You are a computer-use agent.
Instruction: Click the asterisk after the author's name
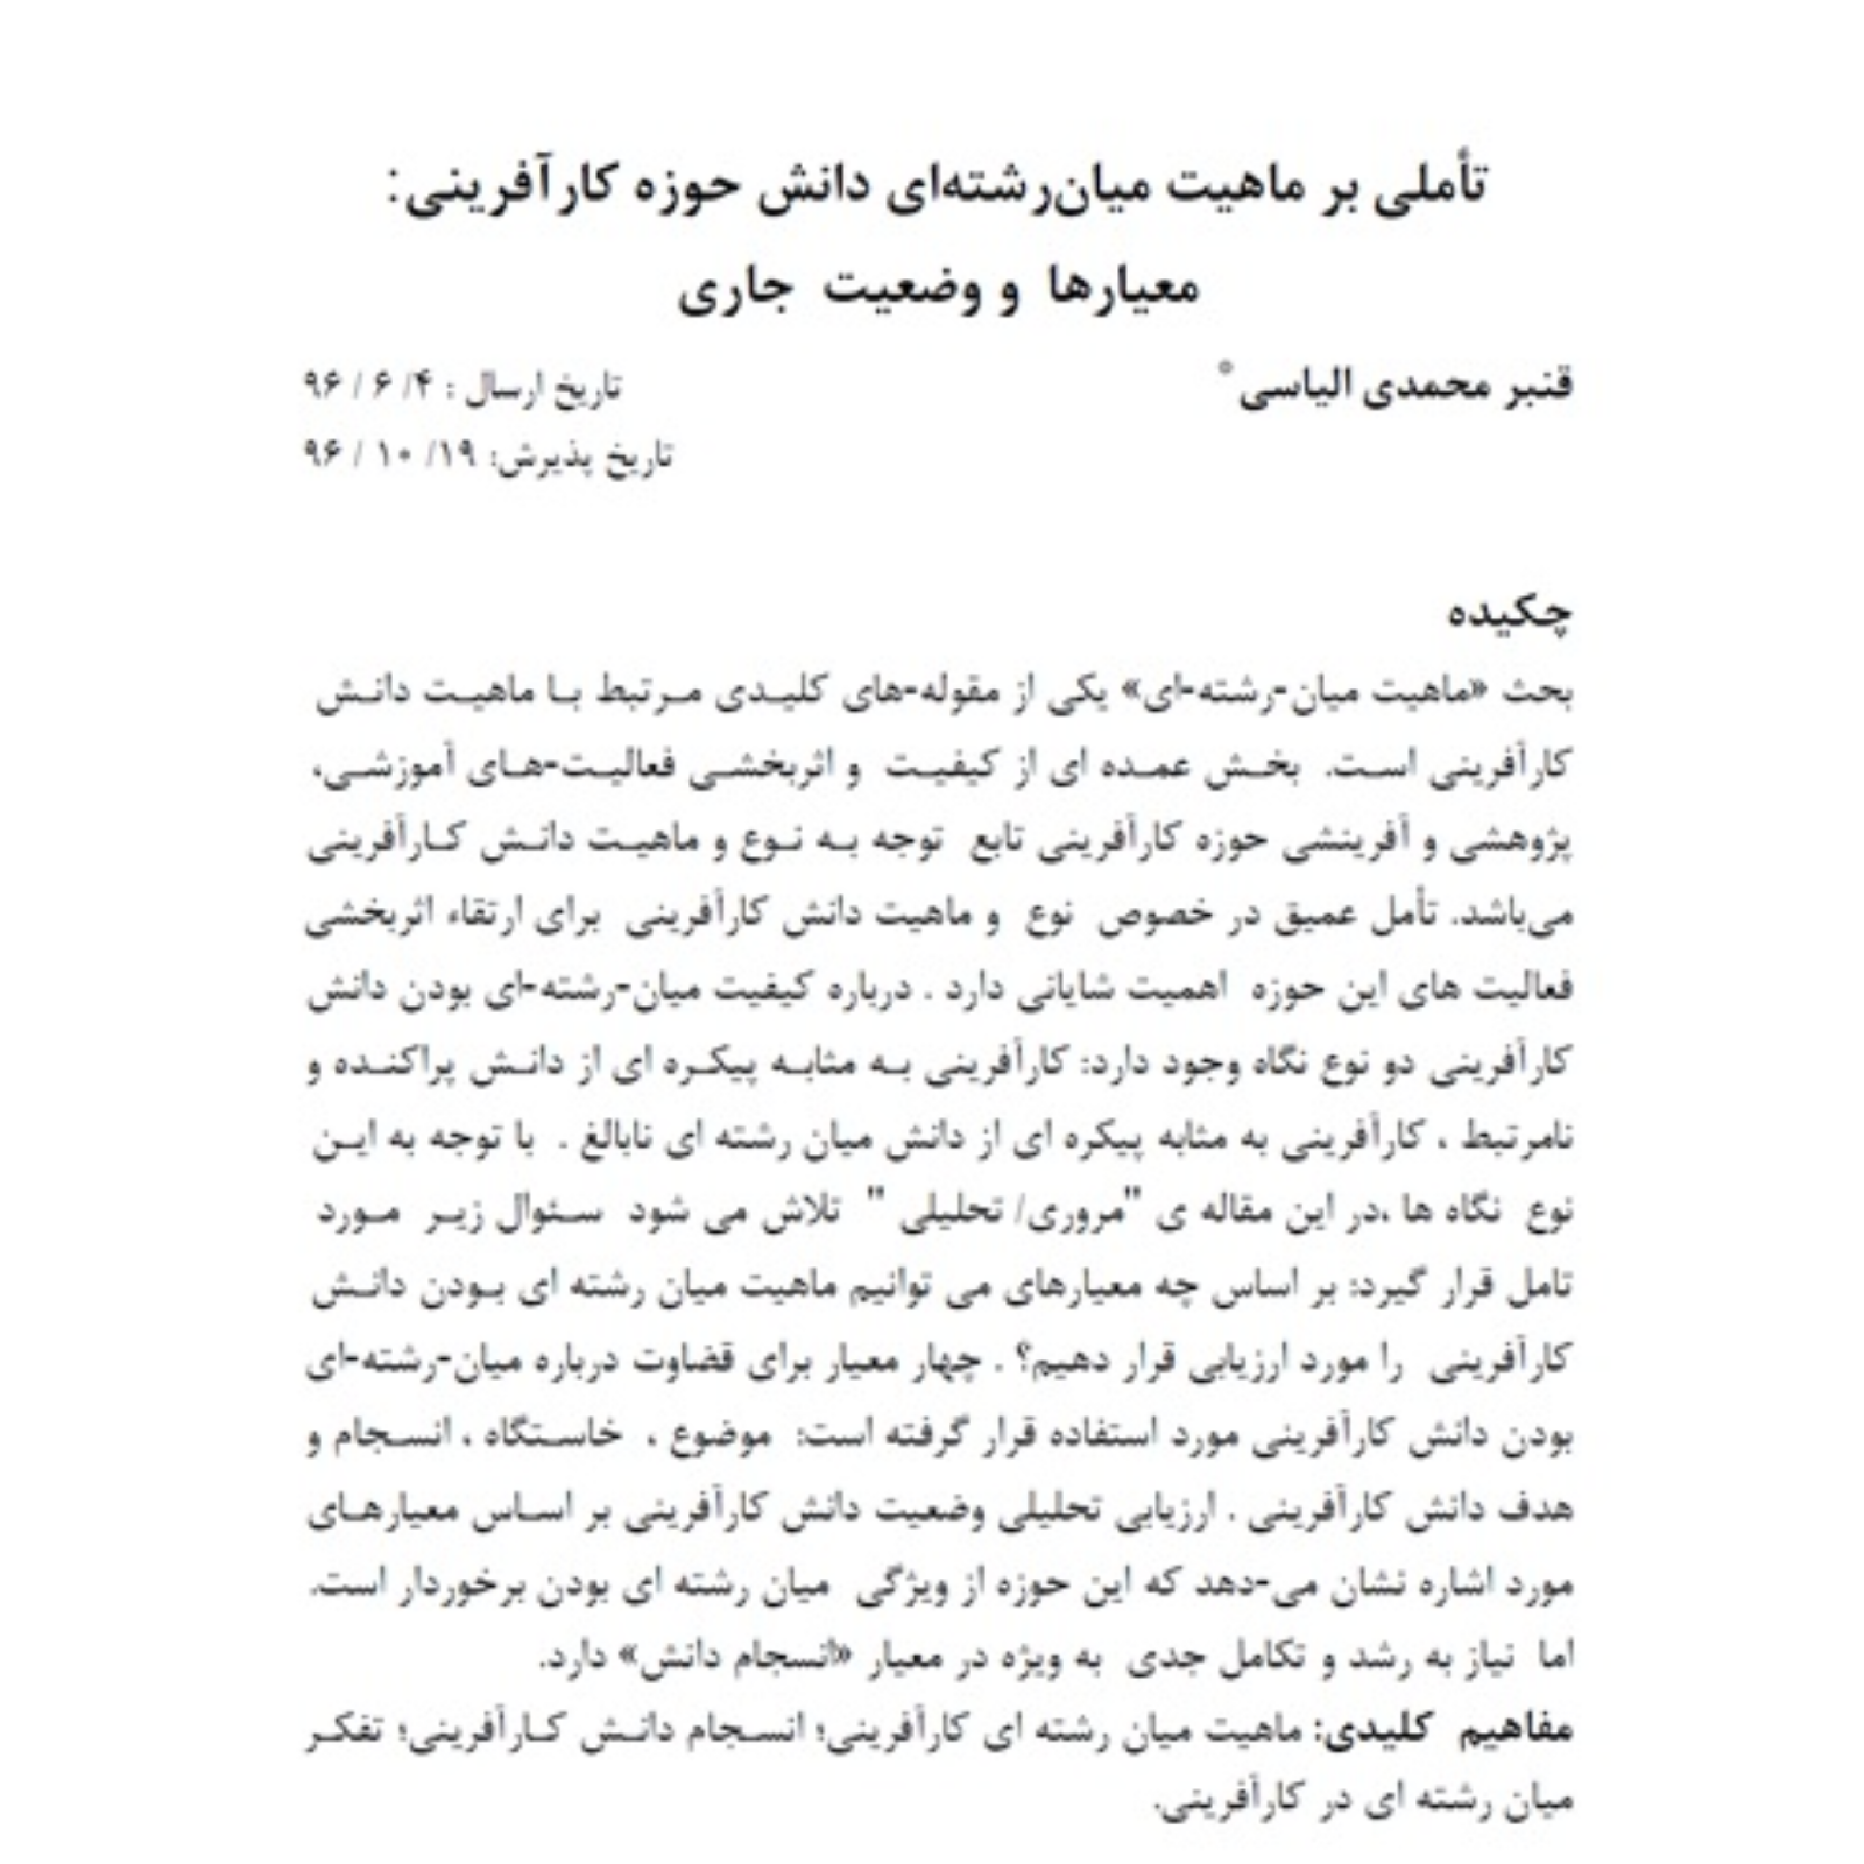1227,367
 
